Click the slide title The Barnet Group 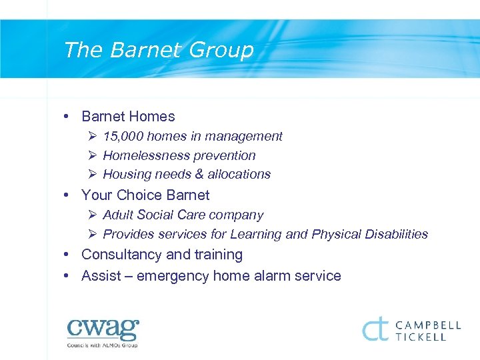(x=159, y=50)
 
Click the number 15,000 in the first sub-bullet (x=122, y=136)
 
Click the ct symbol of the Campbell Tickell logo (x=375, y=329)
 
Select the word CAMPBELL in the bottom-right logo (x=427, y=325)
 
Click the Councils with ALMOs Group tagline (x=102, y=345)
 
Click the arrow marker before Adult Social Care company (x=92, y=215)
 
